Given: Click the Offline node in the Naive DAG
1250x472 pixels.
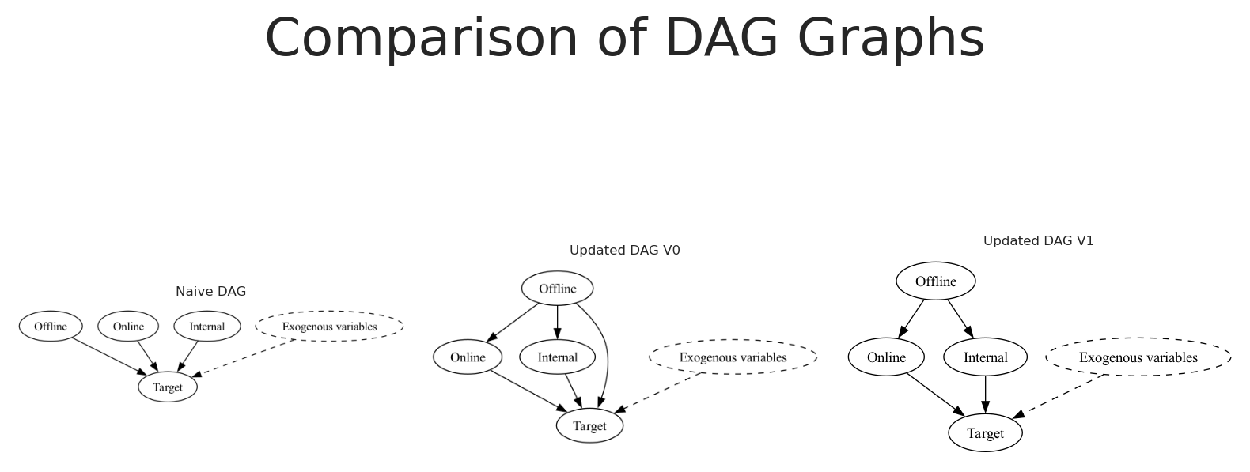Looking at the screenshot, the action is click(x=51, y=327).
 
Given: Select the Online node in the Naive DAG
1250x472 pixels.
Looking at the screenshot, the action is click(x=128, y=327).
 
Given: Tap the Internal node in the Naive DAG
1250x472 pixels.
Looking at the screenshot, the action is click(x=207, y=327).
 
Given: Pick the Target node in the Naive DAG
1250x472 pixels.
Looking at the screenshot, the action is click(x=168, y=387).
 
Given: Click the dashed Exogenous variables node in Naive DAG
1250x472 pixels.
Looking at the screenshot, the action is click(x=329, y=327).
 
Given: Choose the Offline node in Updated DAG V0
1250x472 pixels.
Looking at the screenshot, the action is click(x=558, y=289).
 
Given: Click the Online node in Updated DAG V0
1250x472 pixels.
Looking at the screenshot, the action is click(x=468, y=357).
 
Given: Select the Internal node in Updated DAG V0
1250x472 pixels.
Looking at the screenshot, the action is click(x=558, y=357).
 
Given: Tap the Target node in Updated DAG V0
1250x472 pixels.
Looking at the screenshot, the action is click(x=590, y=425).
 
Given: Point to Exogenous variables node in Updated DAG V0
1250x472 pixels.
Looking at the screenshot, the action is click(x=733, y=357).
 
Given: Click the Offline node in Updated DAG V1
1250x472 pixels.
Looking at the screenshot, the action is click(x=936, y=281).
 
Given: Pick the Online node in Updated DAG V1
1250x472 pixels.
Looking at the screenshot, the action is click(x=886, y=357).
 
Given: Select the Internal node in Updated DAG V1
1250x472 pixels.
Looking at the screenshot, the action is click(x=986, y=357).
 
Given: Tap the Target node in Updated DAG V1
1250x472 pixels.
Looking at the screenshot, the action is click(x=986, y=433).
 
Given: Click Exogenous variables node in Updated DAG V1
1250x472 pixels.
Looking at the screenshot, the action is click(x=1138, y=357).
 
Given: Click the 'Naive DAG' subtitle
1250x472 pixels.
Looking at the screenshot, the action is click(x=211, y=291).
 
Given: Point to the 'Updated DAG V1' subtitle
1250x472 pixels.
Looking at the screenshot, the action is click(x=1039, y=241).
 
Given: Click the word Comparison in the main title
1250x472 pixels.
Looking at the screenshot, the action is click(x=422, y=39).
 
